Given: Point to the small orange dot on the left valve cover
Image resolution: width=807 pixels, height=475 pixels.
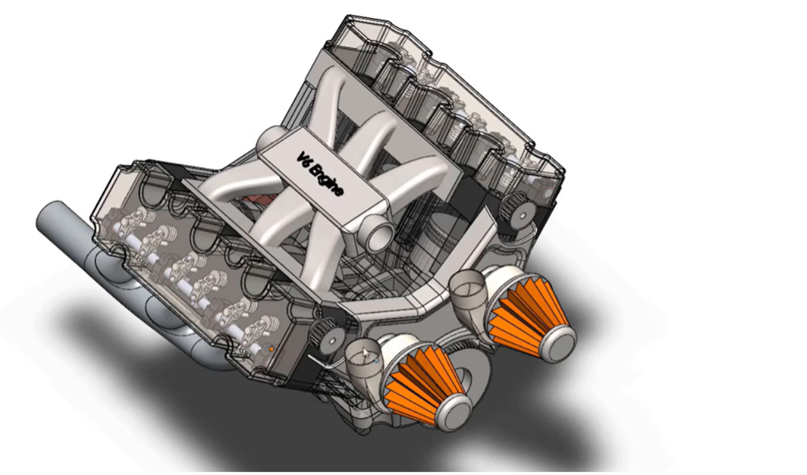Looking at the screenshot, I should pos(272,349).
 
